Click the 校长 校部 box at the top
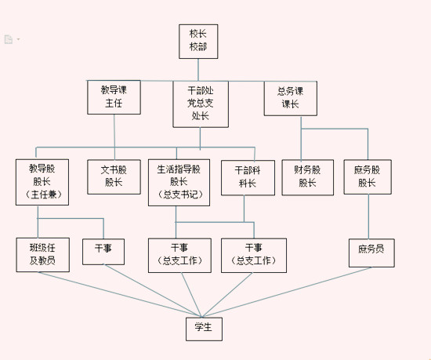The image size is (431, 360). coord(198,42)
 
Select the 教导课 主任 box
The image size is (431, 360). coord(114,97)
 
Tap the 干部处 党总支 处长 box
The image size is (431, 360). coord(201,104)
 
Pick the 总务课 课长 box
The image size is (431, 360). coord(290,99)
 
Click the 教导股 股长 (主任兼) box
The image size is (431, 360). coord(42,182)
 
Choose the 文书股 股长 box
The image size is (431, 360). coord(114,176)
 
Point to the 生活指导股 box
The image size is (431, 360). coord(179,183)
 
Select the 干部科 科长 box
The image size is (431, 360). coord(248,178)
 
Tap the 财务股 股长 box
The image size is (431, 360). coord(308,177)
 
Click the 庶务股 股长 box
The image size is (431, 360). coord(368,176)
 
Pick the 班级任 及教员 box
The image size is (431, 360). coord(42,255)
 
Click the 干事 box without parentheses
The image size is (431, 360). coord(103,252)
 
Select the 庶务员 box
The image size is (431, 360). coord(371,253)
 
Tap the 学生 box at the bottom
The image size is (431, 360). coord(204,329)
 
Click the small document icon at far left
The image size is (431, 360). coord(9,39)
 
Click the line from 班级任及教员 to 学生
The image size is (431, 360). coord(119,294)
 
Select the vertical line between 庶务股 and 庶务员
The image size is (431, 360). coord(368,216)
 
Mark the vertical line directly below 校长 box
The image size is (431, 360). coord(198,70)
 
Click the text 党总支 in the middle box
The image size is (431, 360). coord(201,103)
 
